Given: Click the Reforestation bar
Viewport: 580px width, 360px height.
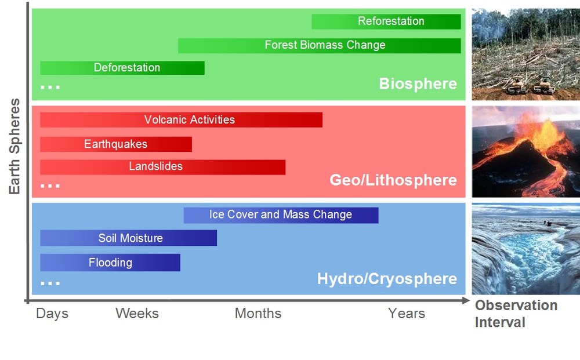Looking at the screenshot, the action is click(386, 21).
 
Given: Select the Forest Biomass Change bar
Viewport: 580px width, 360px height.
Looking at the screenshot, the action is click(319, 45).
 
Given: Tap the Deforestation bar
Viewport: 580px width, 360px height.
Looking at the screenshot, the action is click(122, 68).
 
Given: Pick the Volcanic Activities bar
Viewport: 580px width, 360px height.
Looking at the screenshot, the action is click(181, 120).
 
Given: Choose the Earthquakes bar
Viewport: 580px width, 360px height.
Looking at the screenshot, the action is click(116, 144).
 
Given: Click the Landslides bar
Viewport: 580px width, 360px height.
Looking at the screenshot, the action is click(163, 167).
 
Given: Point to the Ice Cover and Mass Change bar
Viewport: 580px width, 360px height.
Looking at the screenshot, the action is click(281, 215).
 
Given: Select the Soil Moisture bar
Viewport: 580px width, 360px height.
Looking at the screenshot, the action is click(128, 238).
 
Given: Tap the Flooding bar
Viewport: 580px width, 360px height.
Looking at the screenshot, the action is click(110, 263).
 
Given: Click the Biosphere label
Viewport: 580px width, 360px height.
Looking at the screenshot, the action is click(418, 84).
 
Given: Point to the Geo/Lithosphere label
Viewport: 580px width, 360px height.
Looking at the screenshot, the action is click(393, 180).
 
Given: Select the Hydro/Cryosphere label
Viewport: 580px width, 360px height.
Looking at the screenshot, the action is click(387, 279).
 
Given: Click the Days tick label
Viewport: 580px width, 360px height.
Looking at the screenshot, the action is click(52, 314).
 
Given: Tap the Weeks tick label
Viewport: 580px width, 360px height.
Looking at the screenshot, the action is click(137, 314).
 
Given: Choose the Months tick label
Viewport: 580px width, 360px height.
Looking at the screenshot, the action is click(258, 314).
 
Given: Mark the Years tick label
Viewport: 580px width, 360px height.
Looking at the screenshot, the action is click(407, 314).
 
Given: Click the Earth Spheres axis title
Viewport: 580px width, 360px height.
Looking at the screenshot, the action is click(14, 146).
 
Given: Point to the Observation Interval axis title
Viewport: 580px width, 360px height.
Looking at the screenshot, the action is click(516, 314).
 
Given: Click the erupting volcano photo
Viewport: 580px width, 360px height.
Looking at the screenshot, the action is click(525, 151).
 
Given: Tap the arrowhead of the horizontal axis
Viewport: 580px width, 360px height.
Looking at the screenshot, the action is click(466, 300).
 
